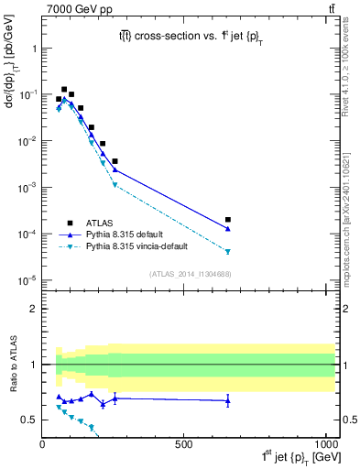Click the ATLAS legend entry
100,222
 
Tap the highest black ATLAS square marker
64,90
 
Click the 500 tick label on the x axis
183,444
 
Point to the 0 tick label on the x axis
42,444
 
